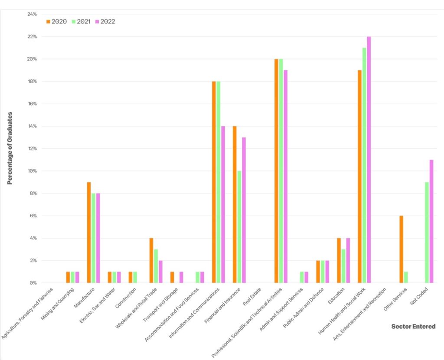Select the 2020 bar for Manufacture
coord(89,232)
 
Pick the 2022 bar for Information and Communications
coord(223,204)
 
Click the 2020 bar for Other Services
coord(402,249)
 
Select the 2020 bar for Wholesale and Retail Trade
coord(151,260)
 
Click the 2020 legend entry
coord(56,21)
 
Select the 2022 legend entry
coord(105,21)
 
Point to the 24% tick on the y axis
coord(32,14)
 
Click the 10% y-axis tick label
coord(32,171)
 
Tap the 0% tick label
coord(33,283)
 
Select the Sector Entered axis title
coord(413,326)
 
